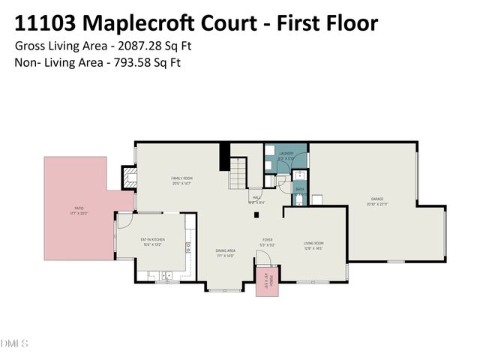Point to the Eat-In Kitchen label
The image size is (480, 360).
pyautogui.click(x=152, y=241)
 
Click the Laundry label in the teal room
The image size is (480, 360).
pyautogui.click(x=286, y=155)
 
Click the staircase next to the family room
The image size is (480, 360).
pyautogui.click(x=238, y=174)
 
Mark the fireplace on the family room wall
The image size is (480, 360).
pyautogui.click(x=127, y=178)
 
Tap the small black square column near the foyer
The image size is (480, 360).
pyautogui.click(x=257, y=216)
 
